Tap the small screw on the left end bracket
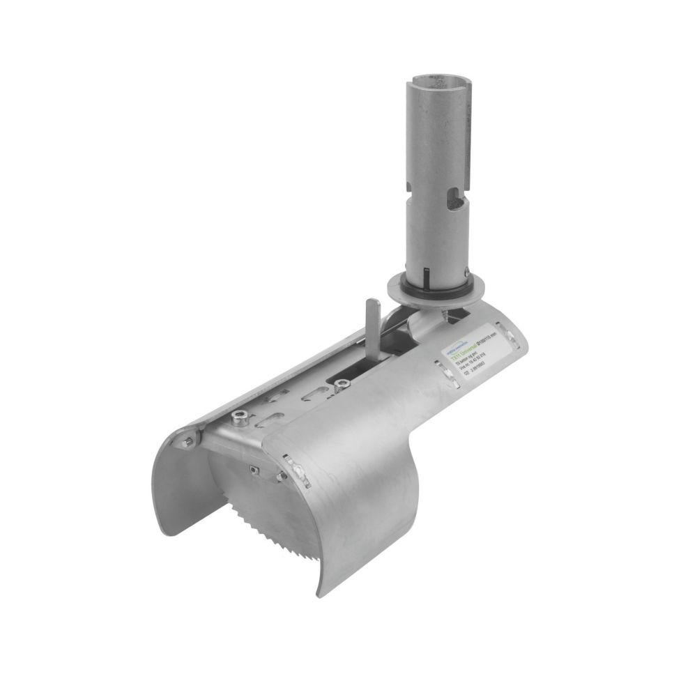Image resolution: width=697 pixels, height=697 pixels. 188,441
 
